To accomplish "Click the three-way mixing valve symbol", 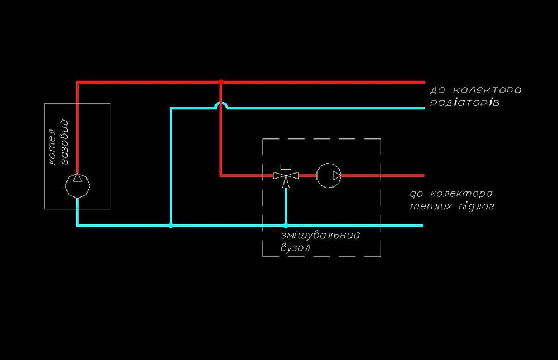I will click(x=286, y=176).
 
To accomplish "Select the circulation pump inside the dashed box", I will click(x=329, y=175).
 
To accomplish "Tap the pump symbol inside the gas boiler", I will click(x=78, y=185).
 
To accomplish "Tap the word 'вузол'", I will click(x=295, y=248).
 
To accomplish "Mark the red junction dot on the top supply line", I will click(x=221, y=82).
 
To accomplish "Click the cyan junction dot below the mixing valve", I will click(x=286, y=225).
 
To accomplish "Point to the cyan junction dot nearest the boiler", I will click(x=171, y=225).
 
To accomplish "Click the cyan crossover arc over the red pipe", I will click(x=221, y=104).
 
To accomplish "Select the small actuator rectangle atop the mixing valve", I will click(x=286, y=166).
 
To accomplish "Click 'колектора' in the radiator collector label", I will click(x=486, y=90).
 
